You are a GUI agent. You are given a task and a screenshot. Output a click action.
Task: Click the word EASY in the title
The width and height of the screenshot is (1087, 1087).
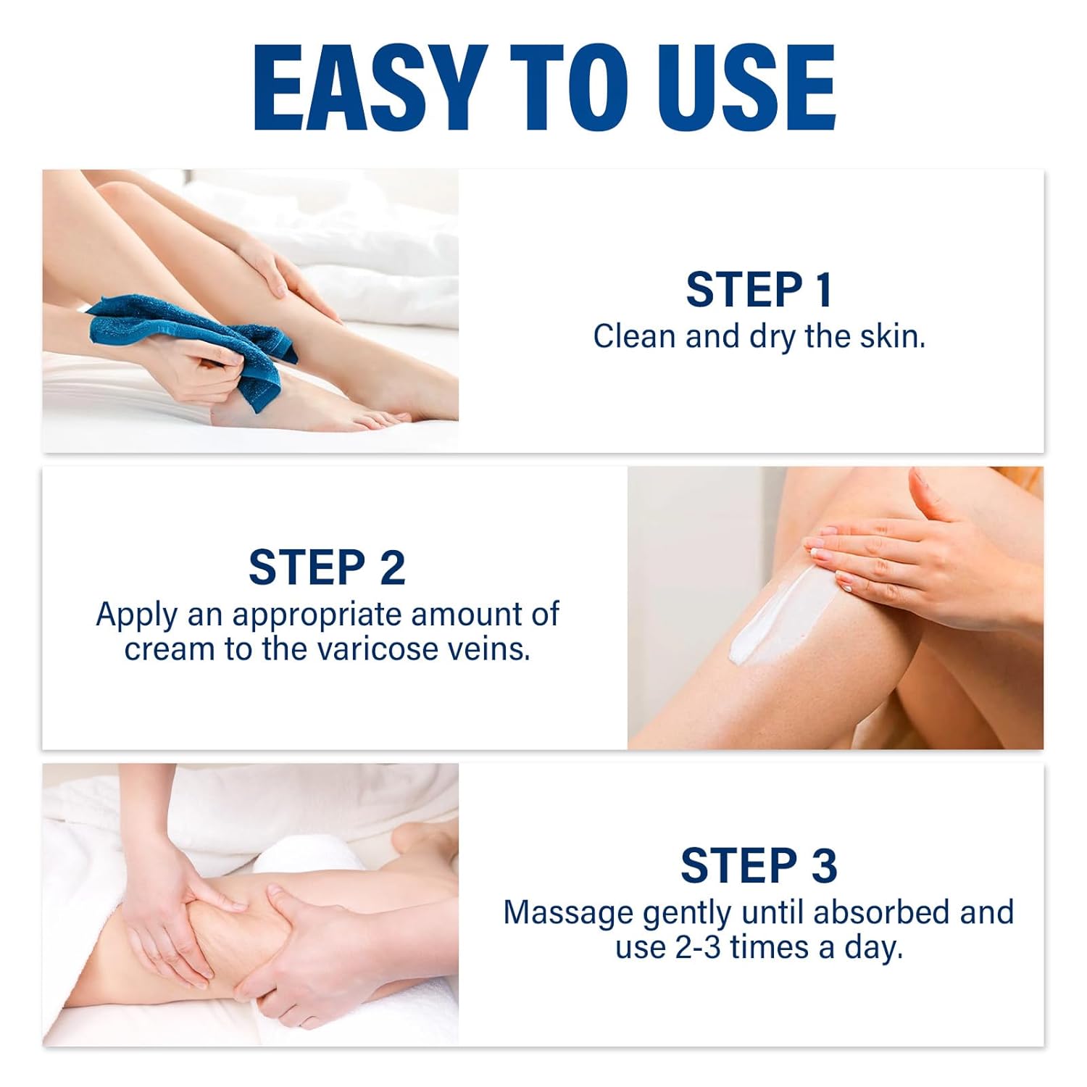click(370, 88)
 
